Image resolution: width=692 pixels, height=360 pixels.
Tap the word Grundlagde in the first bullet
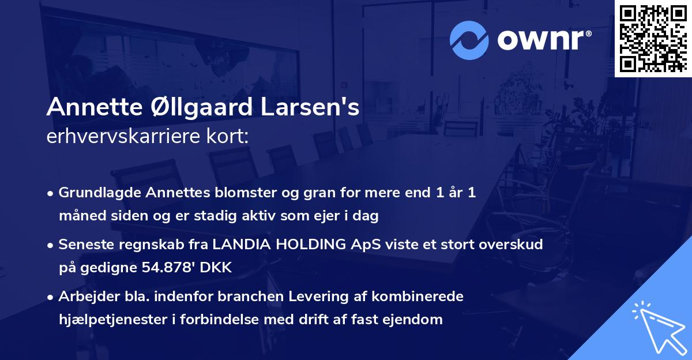(x=94, y=193)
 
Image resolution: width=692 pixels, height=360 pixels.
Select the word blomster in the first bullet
(x=223, y=193)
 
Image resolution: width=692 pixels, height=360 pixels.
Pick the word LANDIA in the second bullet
(x=239, y=245)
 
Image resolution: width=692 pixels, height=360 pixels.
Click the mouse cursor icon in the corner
(x=659, y=327)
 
